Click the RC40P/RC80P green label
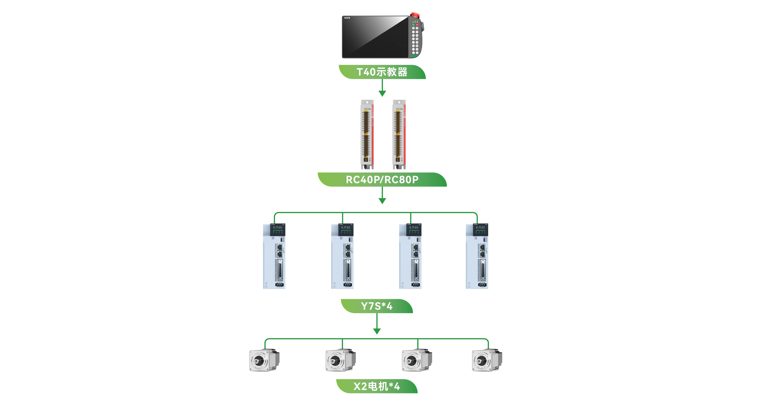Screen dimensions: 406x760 tap(382, 180)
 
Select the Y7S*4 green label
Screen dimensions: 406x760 tap(377, 306)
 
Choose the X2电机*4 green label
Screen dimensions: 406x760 tap(377, 386)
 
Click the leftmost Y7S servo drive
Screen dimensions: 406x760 tap(274, 256)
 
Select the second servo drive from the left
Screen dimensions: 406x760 tap(342, 256)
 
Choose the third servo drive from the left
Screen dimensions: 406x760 tap(410, 256)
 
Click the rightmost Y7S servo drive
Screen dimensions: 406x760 tap(477, 256)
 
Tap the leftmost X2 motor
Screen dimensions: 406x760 tap(264, 360)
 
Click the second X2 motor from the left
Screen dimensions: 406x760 tap(341, 360)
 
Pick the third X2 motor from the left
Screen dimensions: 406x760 tap(417, 360)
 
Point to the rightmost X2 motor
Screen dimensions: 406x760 tap(487, 360)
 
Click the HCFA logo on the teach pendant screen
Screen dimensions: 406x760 tap(347, 18)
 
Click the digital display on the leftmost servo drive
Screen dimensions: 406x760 tap(278, 228)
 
